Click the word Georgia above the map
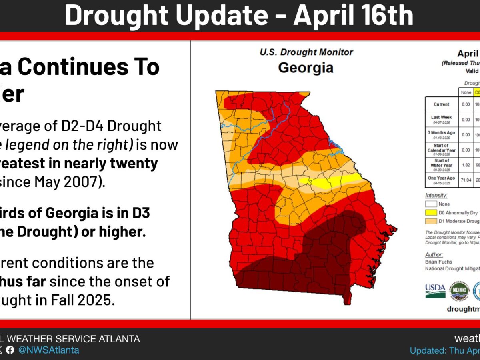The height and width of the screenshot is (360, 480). (306, 67)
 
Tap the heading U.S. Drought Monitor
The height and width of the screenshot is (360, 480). (306, 52)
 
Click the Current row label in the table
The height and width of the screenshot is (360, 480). (441, 104)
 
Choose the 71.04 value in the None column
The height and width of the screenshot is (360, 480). (466, 180)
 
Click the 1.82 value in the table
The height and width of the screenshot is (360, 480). (466, 165)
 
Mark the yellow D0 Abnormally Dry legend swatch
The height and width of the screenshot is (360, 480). (431, 213)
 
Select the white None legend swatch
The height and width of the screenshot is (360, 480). (431, 204)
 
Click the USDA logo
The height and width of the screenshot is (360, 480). (435, 291)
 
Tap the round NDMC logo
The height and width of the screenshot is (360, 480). (459, 291)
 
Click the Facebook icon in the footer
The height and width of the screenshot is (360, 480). (10, 350)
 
